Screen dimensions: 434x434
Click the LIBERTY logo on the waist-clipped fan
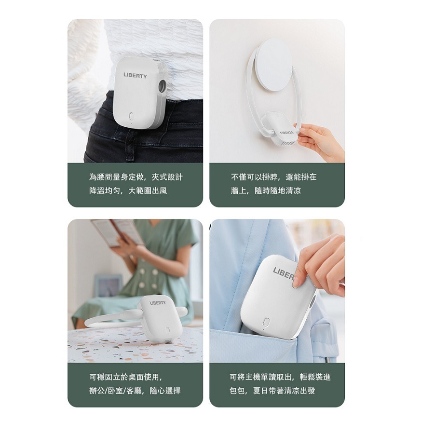(x=135, y=75)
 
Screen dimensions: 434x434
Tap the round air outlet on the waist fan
(x=162, y=87)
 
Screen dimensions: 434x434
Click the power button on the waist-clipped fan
(x=132, y=116)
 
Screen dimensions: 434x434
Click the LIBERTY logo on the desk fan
(x=158, y=303)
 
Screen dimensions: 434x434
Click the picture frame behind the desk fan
(x=108, y=286)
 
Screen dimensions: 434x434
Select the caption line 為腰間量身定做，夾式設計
(x=136, y=177)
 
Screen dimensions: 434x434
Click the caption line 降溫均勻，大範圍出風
(x=128, y=190)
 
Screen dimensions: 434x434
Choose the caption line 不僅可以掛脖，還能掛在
(x=273, y=177)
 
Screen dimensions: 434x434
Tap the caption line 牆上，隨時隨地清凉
(x=266, y=190)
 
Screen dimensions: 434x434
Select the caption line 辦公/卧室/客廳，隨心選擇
(x=135, y=390)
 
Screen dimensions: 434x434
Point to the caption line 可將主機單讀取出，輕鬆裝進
(x=280, y=377)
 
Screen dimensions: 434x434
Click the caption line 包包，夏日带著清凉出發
(x=272, y=390)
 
